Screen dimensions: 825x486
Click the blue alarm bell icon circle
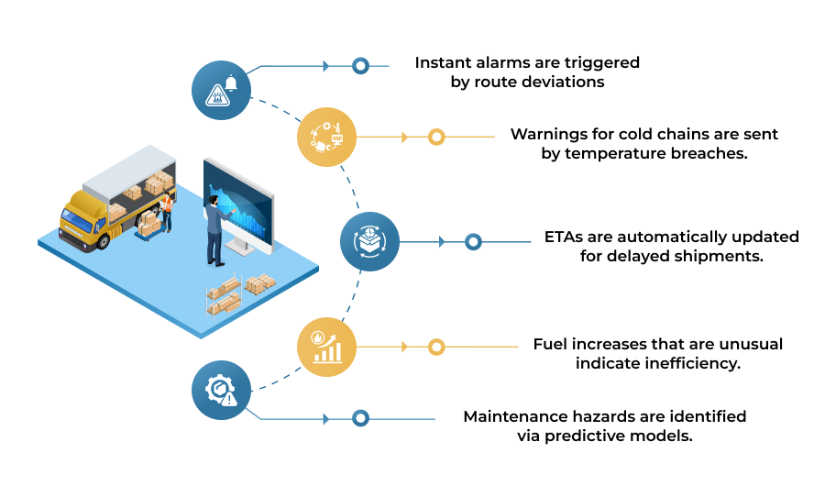221,90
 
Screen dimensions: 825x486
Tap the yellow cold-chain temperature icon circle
326,137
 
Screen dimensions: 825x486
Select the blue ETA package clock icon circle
370,242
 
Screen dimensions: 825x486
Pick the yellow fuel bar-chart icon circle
326,347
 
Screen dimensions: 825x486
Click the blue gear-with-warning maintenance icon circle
221,390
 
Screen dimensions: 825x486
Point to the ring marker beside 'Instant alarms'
360,66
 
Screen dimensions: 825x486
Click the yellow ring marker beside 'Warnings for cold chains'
436,137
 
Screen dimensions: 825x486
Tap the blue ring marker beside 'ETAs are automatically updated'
474,242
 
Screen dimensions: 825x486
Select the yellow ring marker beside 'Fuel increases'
436,347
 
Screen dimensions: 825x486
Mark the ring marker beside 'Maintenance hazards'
360,419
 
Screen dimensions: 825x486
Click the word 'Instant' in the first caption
443,62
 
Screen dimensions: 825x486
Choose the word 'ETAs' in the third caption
564,237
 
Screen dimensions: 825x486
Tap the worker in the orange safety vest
167,212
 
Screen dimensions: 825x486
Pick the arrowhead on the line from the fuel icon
404,347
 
